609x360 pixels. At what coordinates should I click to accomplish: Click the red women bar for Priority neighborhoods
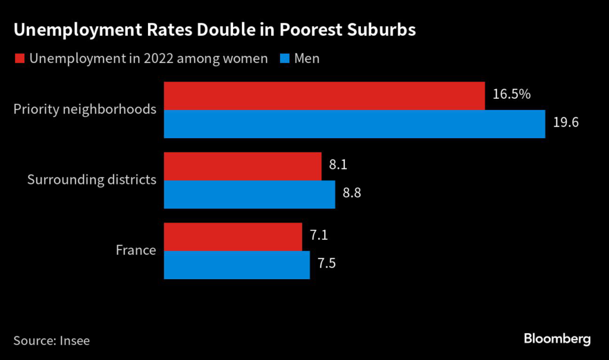coord(324,96)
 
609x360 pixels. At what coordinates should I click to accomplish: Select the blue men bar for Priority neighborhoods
coord(354,124)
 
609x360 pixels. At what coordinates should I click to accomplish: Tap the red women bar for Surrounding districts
coord(243,166)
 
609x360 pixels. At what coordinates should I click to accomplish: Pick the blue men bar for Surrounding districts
coord(249,194)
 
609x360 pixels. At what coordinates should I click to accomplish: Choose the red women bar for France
coord(233,237)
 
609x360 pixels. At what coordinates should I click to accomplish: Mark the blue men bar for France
coord(237,265)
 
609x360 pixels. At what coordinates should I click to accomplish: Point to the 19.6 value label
coord(566,123)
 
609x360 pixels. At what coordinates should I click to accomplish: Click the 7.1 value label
coord(318,235)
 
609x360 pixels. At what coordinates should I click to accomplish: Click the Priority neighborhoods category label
coord(84,109)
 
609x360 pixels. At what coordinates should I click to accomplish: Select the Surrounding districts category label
coord(92,180)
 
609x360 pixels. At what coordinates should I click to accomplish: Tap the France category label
coord(136,250)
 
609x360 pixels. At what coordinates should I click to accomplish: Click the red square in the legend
coord(18,58)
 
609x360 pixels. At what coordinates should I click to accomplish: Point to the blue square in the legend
coord(283,58)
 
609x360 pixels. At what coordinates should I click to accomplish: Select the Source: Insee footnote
coord(51,340)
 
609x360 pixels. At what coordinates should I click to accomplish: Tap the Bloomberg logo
coord(557,339)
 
